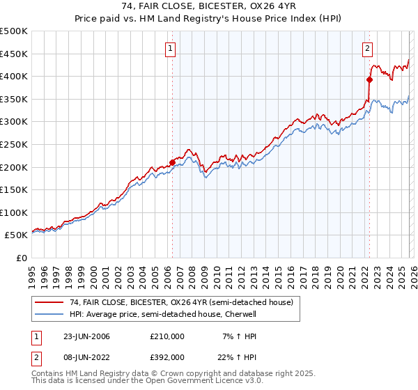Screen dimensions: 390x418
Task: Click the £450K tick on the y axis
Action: (x=14, y=54)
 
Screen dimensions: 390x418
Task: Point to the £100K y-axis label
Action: (x=14, y=212)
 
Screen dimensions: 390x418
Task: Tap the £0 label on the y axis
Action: (x=22, y=258)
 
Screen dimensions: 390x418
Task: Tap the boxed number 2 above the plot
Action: (x=367, y=49)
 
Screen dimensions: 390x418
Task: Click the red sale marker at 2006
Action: (x=172, y=162)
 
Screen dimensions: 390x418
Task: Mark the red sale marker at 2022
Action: (x=369, y=79)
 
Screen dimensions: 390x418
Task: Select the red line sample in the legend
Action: (x=49, y=302)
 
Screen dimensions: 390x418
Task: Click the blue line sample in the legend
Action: (x=49, y=314)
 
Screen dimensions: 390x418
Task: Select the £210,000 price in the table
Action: (x=167, y=336)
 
